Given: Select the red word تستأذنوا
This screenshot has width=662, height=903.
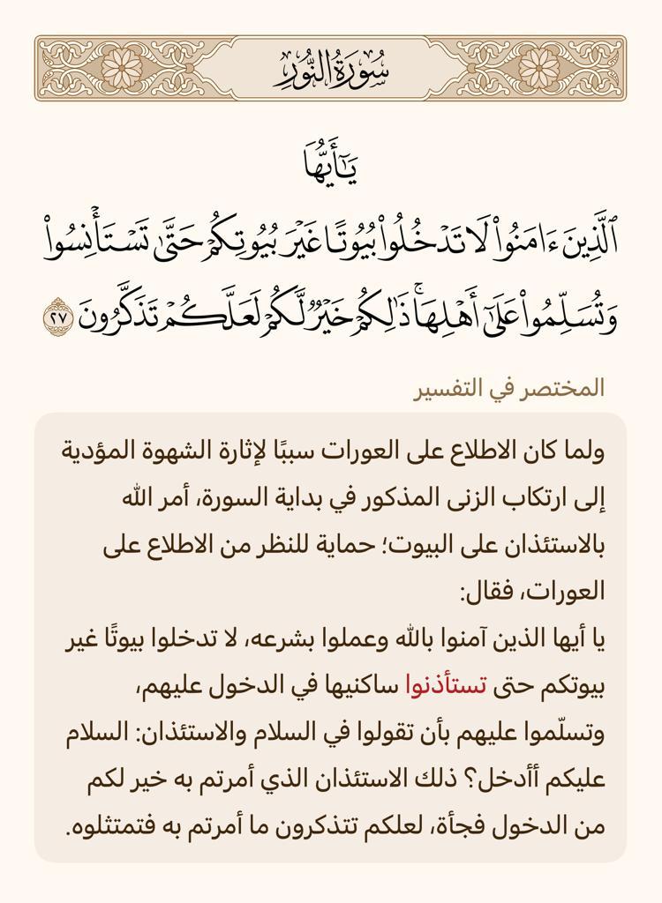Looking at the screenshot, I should coord(440,686).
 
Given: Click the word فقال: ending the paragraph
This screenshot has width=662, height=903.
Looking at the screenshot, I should coord(481,593).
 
